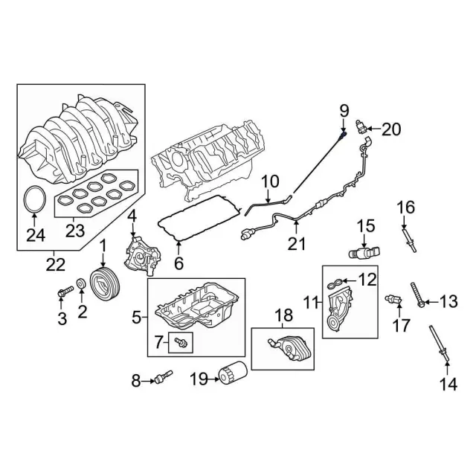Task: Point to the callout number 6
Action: pos(178,263)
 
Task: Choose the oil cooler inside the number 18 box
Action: pos(284,347)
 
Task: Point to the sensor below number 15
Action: pos(364,252)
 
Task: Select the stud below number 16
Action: pos(409,236)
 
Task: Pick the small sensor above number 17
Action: pos(393,299)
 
